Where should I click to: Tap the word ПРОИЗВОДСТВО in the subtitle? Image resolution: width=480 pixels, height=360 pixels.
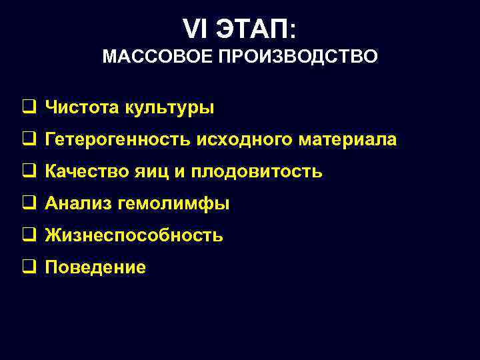click(297, 56)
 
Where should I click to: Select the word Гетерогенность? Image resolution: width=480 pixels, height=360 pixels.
click(118, 140)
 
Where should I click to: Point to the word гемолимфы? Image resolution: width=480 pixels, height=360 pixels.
click(173, 204)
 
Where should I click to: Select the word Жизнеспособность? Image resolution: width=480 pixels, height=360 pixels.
click(134, 236)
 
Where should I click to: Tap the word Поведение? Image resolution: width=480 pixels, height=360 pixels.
click(95, 268)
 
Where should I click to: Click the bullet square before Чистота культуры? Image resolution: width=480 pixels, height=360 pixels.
click(29, 107)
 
